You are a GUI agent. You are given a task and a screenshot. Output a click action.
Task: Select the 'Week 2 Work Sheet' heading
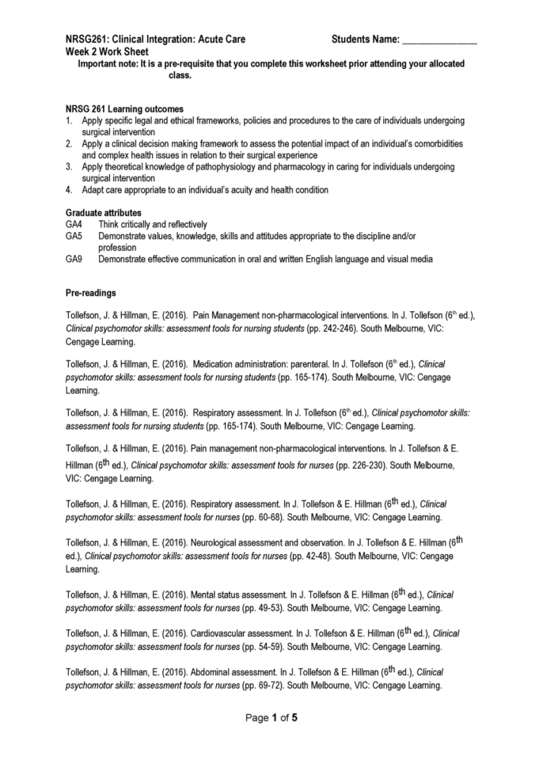pos(104,50)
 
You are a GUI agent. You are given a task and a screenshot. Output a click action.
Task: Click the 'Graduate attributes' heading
pos(104,212)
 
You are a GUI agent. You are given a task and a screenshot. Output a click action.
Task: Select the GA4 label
pos(74,224)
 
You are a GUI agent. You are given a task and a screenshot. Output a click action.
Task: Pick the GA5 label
pos(74,236)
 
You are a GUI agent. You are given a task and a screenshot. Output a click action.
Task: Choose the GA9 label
pos(74,260)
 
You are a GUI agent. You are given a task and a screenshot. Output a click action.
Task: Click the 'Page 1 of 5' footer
pos(271,718)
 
